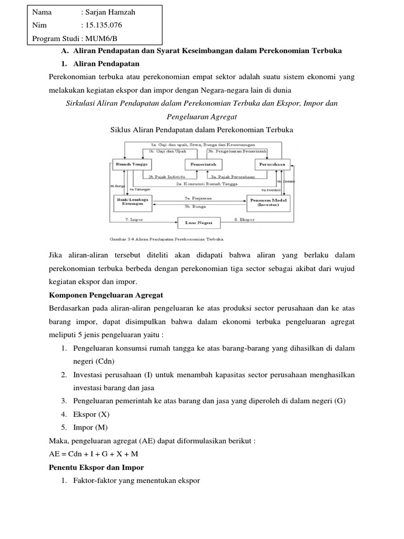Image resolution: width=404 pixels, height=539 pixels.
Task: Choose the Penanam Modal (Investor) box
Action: (x=268, y=202)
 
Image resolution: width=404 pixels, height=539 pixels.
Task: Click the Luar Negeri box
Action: (x=199, y=223)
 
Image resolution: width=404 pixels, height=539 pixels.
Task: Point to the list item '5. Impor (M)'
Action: (x=88, y=427)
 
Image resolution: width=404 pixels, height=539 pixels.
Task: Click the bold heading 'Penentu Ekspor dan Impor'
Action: (x=96, y=467)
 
